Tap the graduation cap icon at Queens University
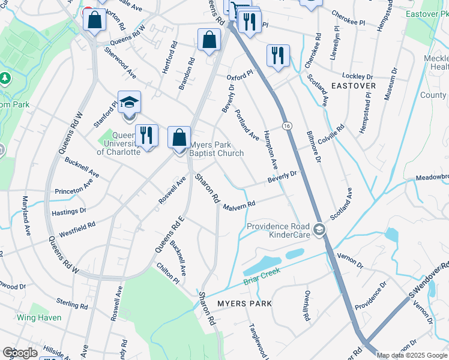(129, 102)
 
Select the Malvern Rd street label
(240, 206)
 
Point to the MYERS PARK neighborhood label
(244, 304)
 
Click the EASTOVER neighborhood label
(354, 86)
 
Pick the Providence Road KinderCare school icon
(320, 229)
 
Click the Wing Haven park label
(39, 317)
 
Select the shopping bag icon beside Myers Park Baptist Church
(179, 137)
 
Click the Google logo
(20, 353)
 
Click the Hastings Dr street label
(69, 212)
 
